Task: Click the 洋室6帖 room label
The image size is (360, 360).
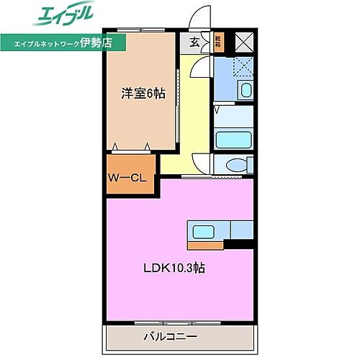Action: click(x=141, y=93)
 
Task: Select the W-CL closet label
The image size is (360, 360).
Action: click(x=129, y=178)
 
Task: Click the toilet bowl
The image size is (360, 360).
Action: click(x=234, y=166)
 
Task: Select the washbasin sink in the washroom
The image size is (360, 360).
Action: click(x=245, y=91)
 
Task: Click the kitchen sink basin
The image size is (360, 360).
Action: click(x=199, y=231)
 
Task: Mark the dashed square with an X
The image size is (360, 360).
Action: click(x=233, y=68)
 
